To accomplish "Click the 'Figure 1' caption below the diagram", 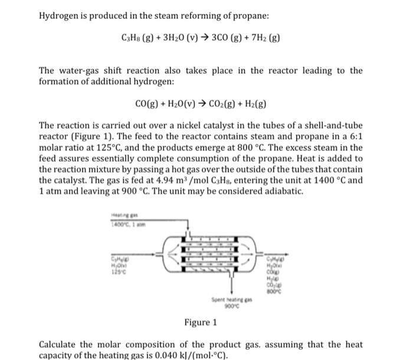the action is pyautogui.click(x=201, y=322).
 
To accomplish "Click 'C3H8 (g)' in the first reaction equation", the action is pyautogui.click(x=135, y=38).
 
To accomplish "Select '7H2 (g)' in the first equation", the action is pyautogui.click(x=266, y=38).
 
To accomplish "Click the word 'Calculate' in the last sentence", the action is pyautogui.click(x=58, y=344).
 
